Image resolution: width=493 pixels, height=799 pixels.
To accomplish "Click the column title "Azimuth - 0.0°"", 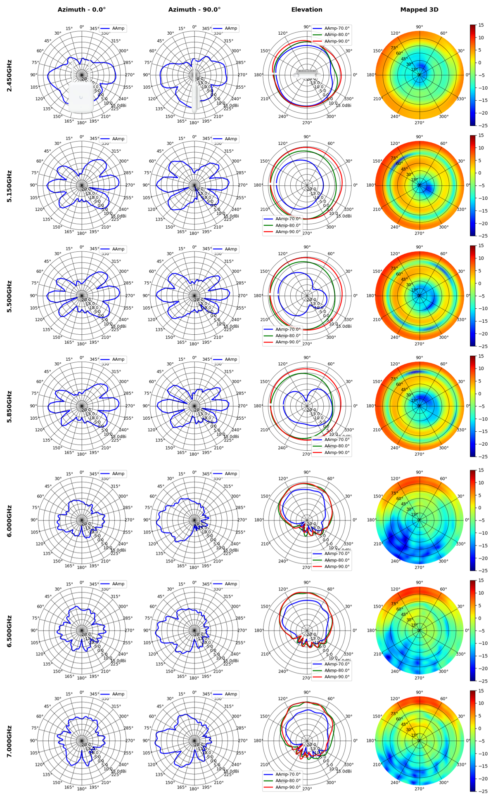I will tap(81, 9).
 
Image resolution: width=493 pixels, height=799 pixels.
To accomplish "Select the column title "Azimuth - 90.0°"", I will tap(194, 9).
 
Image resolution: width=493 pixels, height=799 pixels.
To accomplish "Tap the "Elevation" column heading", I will tap(306, 9).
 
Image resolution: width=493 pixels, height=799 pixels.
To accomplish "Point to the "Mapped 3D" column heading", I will tap(419, 9).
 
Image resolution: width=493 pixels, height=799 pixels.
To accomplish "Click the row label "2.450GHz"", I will tap(9, 75).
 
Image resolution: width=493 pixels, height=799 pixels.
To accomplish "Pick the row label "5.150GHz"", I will tap(9, 186).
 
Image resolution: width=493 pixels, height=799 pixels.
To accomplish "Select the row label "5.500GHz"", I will tap(9, 296).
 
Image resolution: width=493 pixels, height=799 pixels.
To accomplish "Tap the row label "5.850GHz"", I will tap(9, 406).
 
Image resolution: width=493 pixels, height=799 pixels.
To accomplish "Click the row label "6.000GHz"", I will tap(9, 520).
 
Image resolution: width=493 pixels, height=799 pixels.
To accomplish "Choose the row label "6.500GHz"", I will tap(9, 631).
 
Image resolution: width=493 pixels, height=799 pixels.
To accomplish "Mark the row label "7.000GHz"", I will tap(9, 741).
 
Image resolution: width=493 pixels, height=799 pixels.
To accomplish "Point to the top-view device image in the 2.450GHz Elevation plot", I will tap(307, 73).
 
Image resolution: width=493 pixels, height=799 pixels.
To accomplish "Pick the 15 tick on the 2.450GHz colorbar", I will tap(481, 25).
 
